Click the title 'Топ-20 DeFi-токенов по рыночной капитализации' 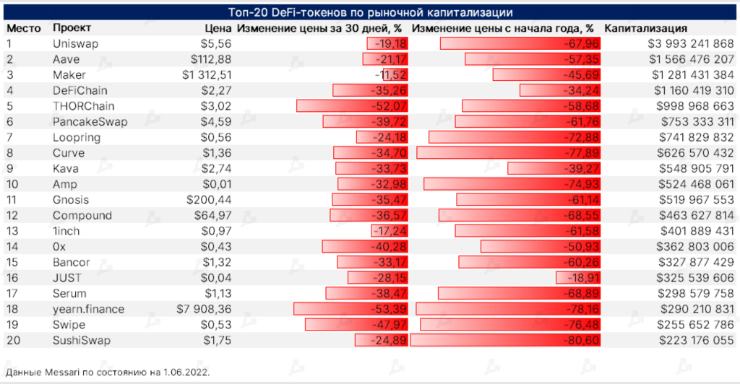(370, 13)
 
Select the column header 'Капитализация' (645, 28)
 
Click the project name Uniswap (76, 44)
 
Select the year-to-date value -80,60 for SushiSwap (577, 340)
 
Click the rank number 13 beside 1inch (13, 231)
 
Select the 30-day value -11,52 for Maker (391, 75)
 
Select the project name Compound (82, 215)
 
